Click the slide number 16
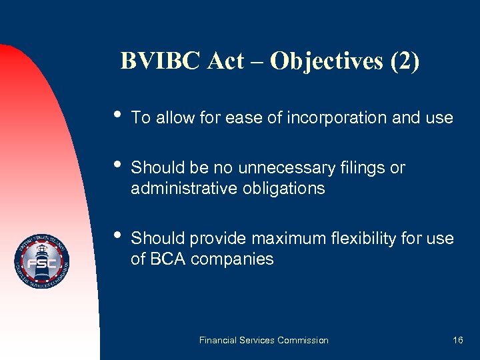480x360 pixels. click(457, 340)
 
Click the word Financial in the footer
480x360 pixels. click(219, 340)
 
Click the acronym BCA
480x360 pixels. click(167, 259)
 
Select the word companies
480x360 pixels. click(232, 259)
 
